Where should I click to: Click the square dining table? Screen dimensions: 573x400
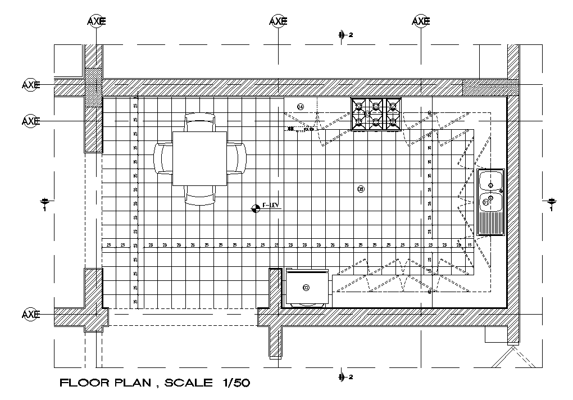pyautogui.click(x=199, y=158)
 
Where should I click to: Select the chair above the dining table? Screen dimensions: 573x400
pyautogui.click(x=199, y=122)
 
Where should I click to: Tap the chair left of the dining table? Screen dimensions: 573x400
pyautogui.click(x=163, y=158)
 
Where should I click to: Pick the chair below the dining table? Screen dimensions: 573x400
pyautogui.click(x=200, y=196)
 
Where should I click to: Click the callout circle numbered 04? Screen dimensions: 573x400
pyautogui.click(x=301, y=107)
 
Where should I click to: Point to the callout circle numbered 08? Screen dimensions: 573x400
pyautogui.click(x=361, y=189)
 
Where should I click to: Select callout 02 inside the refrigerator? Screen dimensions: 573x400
pyautogui.click(x=306, y=288)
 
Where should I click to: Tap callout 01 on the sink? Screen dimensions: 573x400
pyautogui.click(x=486, y=202)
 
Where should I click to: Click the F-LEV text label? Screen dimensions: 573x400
pyautogui.click(x=271, y=206)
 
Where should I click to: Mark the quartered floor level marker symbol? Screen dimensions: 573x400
pyautogui.click(x=256, y=208)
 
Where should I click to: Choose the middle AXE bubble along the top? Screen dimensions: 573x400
pyautogui.click(x=278, y=21)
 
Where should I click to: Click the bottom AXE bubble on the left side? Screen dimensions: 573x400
pyautogui.click(x=31, y=313)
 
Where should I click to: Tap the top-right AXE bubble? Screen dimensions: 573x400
pyautogui.click(x=421, y=21)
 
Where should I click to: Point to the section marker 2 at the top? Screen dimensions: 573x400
pyautogui.click(x=344, y=35)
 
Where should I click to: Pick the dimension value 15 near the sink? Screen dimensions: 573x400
pyautogui.click(x=470, y=245)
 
